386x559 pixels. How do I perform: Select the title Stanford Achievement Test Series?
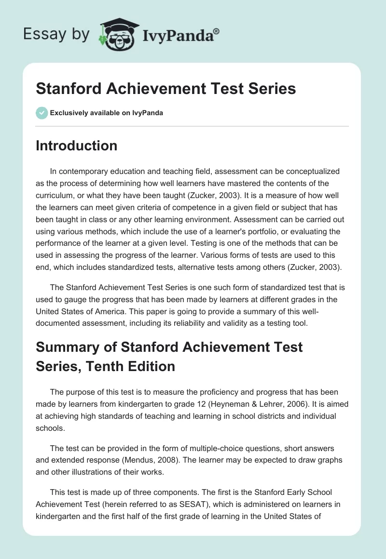pos(165,89)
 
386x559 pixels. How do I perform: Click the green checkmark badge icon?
pos(41,113)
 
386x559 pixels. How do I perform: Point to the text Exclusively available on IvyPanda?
pos(107,113)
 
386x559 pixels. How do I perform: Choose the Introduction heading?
pos(76,146)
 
